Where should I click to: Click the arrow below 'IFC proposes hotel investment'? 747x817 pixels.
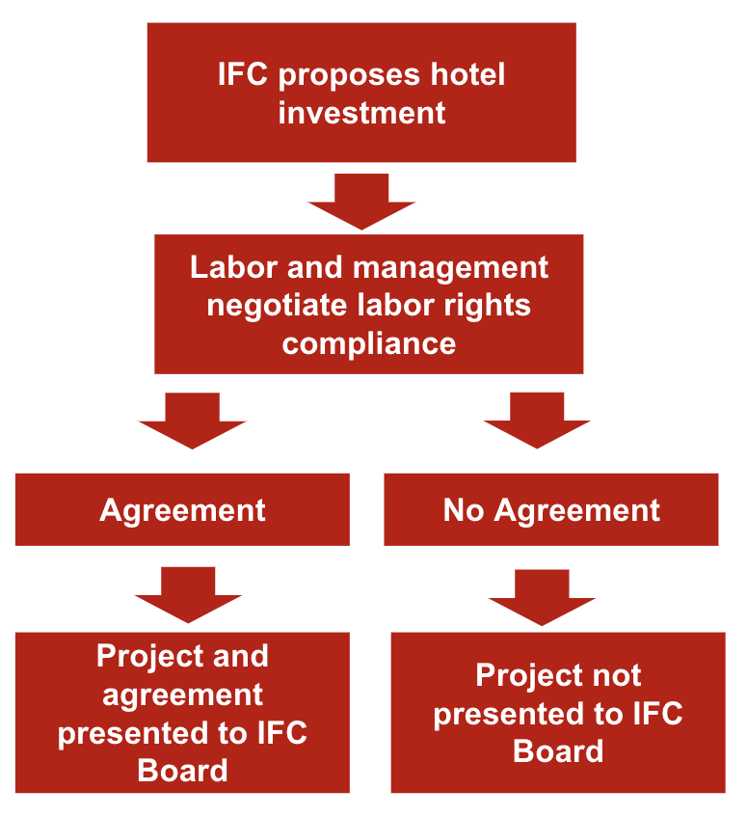tap(361, 201)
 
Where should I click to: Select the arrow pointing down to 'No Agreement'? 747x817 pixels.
tap(537, 421)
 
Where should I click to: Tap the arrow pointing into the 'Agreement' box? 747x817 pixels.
tap(193, 421)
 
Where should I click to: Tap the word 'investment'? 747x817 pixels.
tap(361, 113)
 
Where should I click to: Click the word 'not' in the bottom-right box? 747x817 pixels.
tap(612, 675)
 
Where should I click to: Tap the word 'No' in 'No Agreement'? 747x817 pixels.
tap(463, 510)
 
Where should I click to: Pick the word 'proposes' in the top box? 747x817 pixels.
tap(339, 75)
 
